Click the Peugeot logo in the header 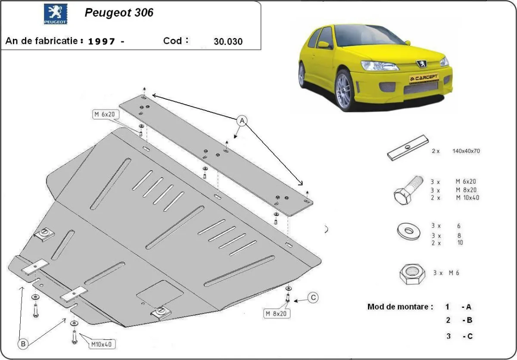click(55, 14)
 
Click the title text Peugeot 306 click(119, 13)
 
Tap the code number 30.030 click(228, 42)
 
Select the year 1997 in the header click(102, 41)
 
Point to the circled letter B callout click(24, 344)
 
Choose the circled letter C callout click(313, 297)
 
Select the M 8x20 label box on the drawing click(276, 314)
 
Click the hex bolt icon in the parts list click(407, 191)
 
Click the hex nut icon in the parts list click(412, 273)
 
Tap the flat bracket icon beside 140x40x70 click(407, 148)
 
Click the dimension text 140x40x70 click(466, 151)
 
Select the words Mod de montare click(400, 307)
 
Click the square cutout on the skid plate click(160, 294)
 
